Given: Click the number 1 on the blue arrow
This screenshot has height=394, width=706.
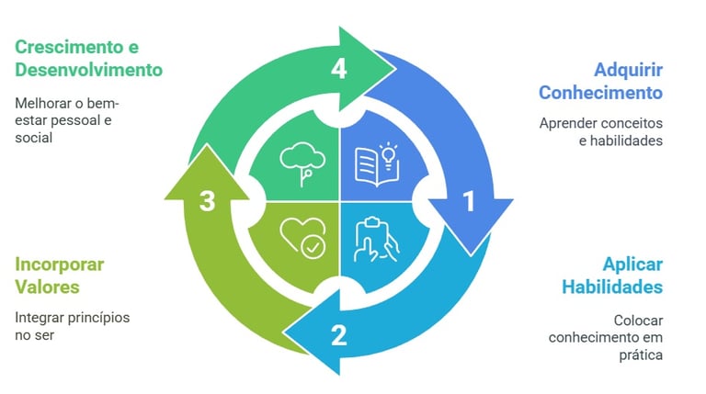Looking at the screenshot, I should click(x=468, y=200).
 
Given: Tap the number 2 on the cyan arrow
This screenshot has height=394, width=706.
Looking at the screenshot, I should click(x=338, y=334).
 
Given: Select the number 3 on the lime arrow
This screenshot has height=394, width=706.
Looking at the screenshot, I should click(x=208, y=200).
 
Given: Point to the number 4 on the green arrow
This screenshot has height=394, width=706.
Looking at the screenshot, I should click(x=339, y=69).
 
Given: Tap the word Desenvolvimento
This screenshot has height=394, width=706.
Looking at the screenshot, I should click(x=89, y=69).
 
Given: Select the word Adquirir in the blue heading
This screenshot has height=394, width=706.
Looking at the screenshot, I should click(x=628, y=69).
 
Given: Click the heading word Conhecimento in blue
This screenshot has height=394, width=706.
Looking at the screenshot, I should click(x=600, y=93).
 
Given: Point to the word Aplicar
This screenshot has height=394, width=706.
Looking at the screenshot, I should click(x=632, y=264).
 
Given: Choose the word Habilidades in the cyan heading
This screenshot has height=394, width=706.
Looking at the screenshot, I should click(x=612, y=287).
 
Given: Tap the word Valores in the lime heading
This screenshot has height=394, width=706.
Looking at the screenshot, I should click(x=47, y=287).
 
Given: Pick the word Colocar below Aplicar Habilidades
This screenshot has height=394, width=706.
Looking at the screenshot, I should click(x=638, y=320).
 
